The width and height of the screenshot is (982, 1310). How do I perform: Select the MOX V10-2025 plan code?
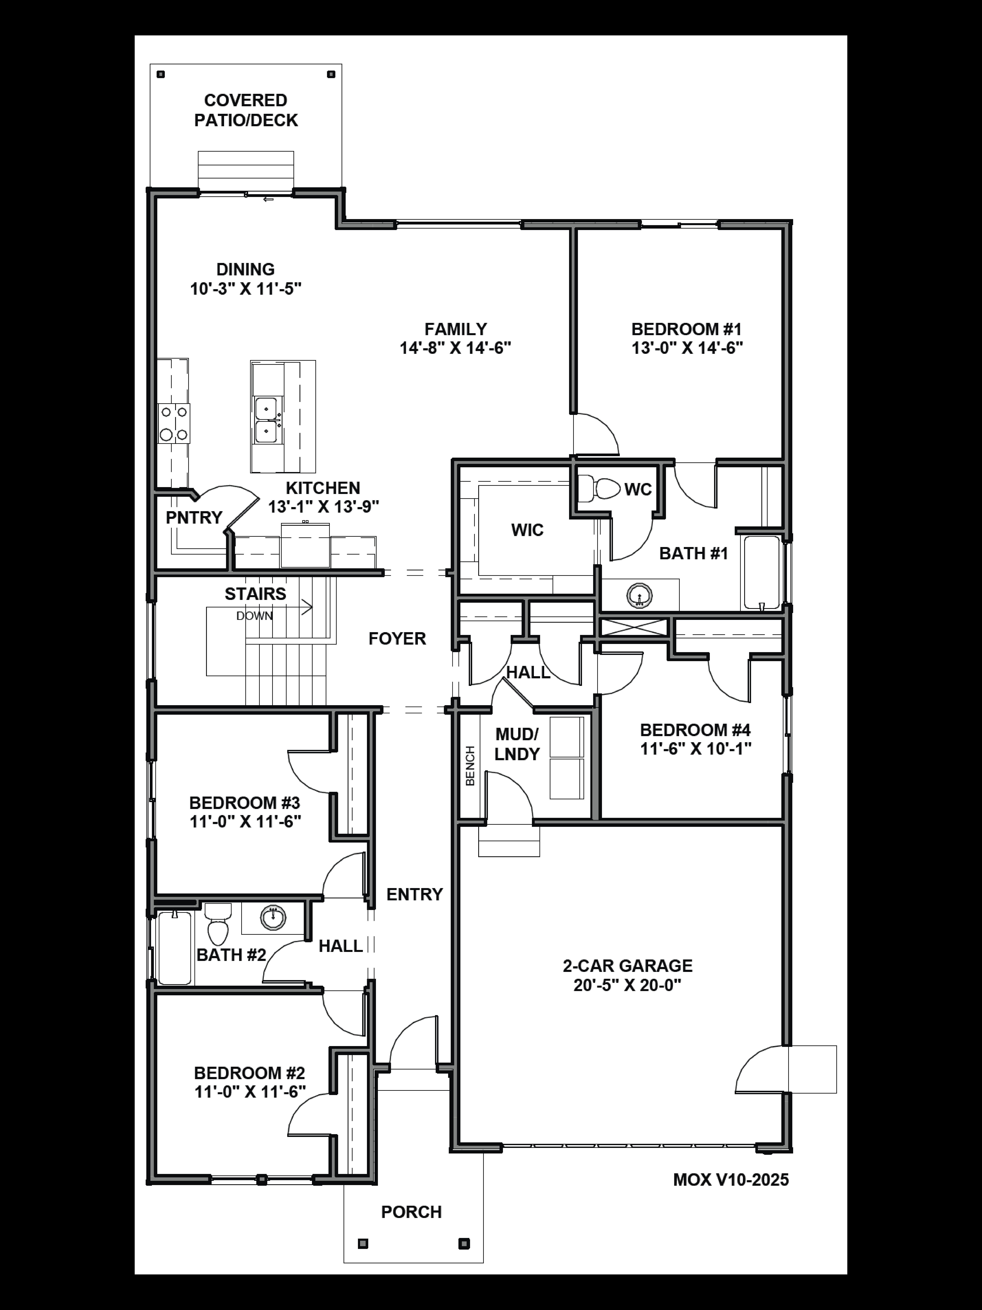(x=731, y=1180)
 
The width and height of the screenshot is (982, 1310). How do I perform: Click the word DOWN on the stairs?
(x=255, y=616)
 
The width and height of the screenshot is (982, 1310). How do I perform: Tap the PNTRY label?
(x=194, y=518)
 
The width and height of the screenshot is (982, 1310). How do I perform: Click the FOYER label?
(x=397, y=638)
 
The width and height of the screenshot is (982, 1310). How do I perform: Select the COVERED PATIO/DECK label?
(x=246, y=110)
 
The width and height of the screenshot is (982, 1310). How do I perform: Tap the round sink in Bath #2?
(x=273, y=917)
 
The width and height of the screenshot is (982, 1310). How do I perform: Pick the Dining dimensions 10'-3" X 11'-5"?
(x=246, y=289)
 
